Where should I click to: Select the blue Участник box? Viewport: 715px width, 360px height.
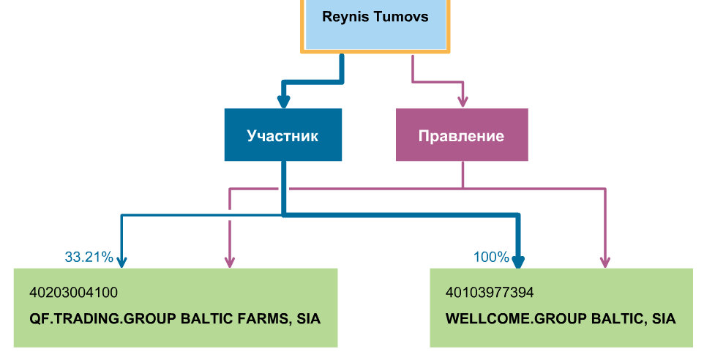(282, 135)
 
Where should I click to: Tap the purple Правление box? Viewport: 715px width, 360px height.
(461, 135)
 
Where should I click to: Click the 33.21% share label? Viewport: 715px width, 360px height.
(89, 257)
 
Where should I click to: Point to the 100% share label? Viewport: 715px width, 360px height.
(491, 257)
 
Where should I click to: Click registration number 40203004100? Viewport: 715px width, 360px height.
(73, 293)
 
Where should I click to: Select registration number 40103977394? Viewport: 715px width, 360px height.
(490, 293)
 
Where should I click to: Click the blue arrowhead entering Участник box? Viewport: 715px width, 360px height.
(282, 102)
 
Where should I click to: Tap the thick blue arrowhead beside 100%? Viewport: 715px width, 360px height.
(519, 262)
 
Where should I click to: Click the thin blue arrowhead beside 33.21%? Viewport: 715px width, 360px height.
(121, 261)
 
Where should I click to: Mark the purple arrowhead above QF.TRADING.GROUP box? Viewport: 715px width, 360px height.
(230, 261)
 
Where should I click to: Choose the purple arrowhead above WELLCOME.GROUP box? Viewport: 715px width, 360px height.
(605, 261)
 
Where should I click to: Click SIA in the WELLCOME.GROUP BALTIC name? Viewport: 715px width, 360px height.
(664, 319)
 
